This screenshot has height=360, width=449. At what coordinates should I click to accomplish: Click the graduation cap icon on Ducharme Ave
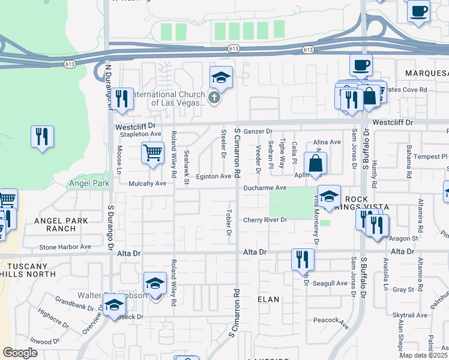click(329, 197)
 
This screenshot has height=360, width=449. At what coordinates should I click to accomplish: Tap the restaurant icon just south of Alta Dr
click(302, 259)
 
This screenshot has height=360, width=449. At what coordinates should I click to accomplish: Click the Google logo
click(20, 353)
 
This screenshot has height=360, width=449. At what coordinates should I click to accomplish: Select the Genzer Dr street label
click(258, 131)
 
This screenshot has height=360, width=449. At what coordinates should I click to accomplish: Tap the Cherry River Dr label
click(265, 220)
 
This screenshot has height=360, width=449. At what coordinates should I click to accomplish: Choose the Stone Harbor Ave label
click(65, 246)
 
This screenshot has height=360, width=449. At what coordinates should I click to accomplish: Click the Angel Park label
click(89, 183)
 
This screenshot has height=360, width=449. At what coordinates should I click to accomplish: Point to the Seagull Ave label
click(333, 283)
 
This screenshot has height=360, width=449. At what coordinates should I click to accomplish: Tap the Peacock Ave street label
click(334, 322)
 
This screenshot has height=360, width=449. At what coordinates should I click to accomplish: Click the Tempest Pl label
click(427, 156)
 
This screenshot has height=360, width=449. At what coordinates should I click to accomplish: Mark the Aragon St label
click(406, 238)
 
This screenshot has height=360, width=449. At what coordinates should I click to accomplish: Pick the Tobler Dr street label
click(229, 223)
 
